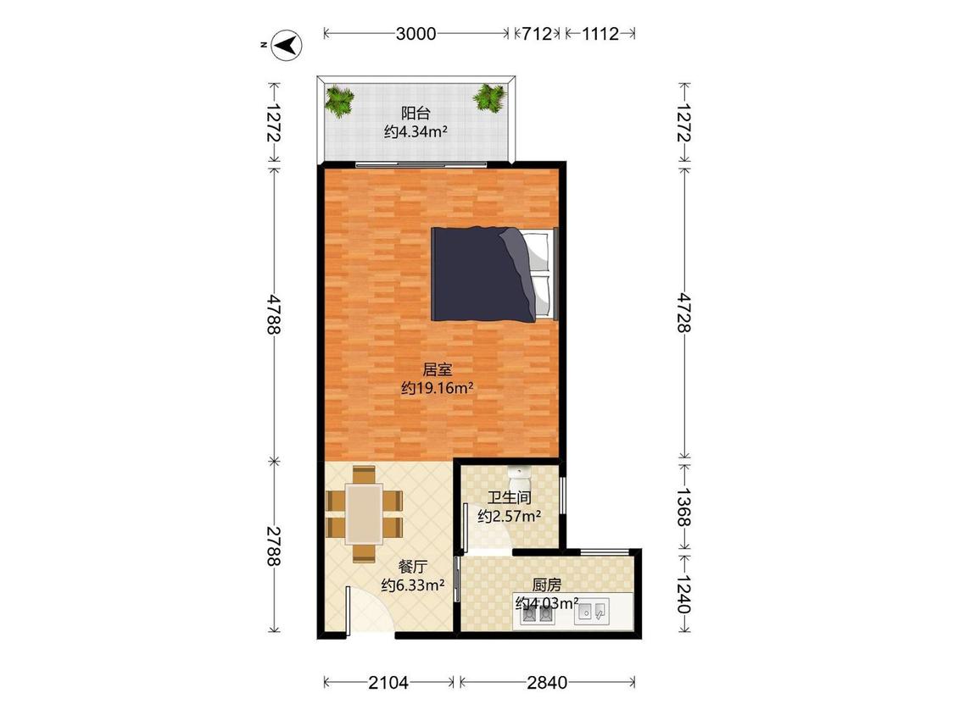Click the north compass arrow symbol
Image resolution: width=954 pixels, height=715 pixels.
pyautogui.click(x=287, y=45)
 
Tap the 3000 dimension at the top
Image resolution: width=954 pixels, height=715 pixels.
pyautogui.click(x=416, y=33)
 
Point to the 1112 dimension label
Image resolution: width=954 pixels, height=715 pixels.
pyautogui.click(x=600, y=33)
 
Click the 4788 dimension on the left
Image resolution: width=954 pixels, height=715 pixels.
pyautogui.click(x=274, y=314)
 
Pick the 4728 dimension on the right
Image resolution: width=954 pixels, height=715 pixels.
pyautogui.click(x=683, y=313)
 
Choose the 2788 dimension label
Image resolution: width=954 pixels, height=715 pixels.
pyautogui.click(x=274, y=546)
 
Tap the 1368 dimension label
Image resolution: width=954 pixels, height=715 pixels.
pyautogui.click(x=683, y=507)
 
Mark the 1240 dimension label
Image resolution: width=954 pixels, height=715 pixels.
pyautogui.click(x=683, y=594)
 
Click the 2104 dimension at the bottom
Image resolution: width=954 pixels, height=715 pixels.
pyautogui.click(x=388, y=683)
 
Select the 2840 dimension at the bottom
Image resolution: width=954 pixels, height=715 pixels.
pyautogui.click(x=546, y=683)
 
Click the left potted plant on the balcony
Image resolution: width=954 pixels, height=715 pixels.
pyautogui.click(x=339, y=100)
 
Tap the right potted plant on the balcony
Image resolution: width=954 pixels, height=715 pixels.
pyautogui.click(x=490, y=97)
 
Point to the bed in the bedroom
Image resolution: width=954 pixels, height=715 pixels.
pyautogui.click(x=494, y=274)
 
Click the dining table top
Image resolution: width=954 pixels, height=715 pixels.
pyautogui.click(x=364, y=513)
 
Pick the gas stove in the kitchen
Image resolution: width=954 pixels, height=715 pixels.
pyautogui.click(x=538, y=615)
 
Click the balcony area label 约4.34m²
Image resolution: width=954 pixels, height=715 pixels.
pyautogui.click(x=416, y=131)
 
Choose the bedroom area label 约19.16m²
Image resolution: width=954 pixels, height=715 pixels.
pyautogui.click(x=437, y=388)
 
